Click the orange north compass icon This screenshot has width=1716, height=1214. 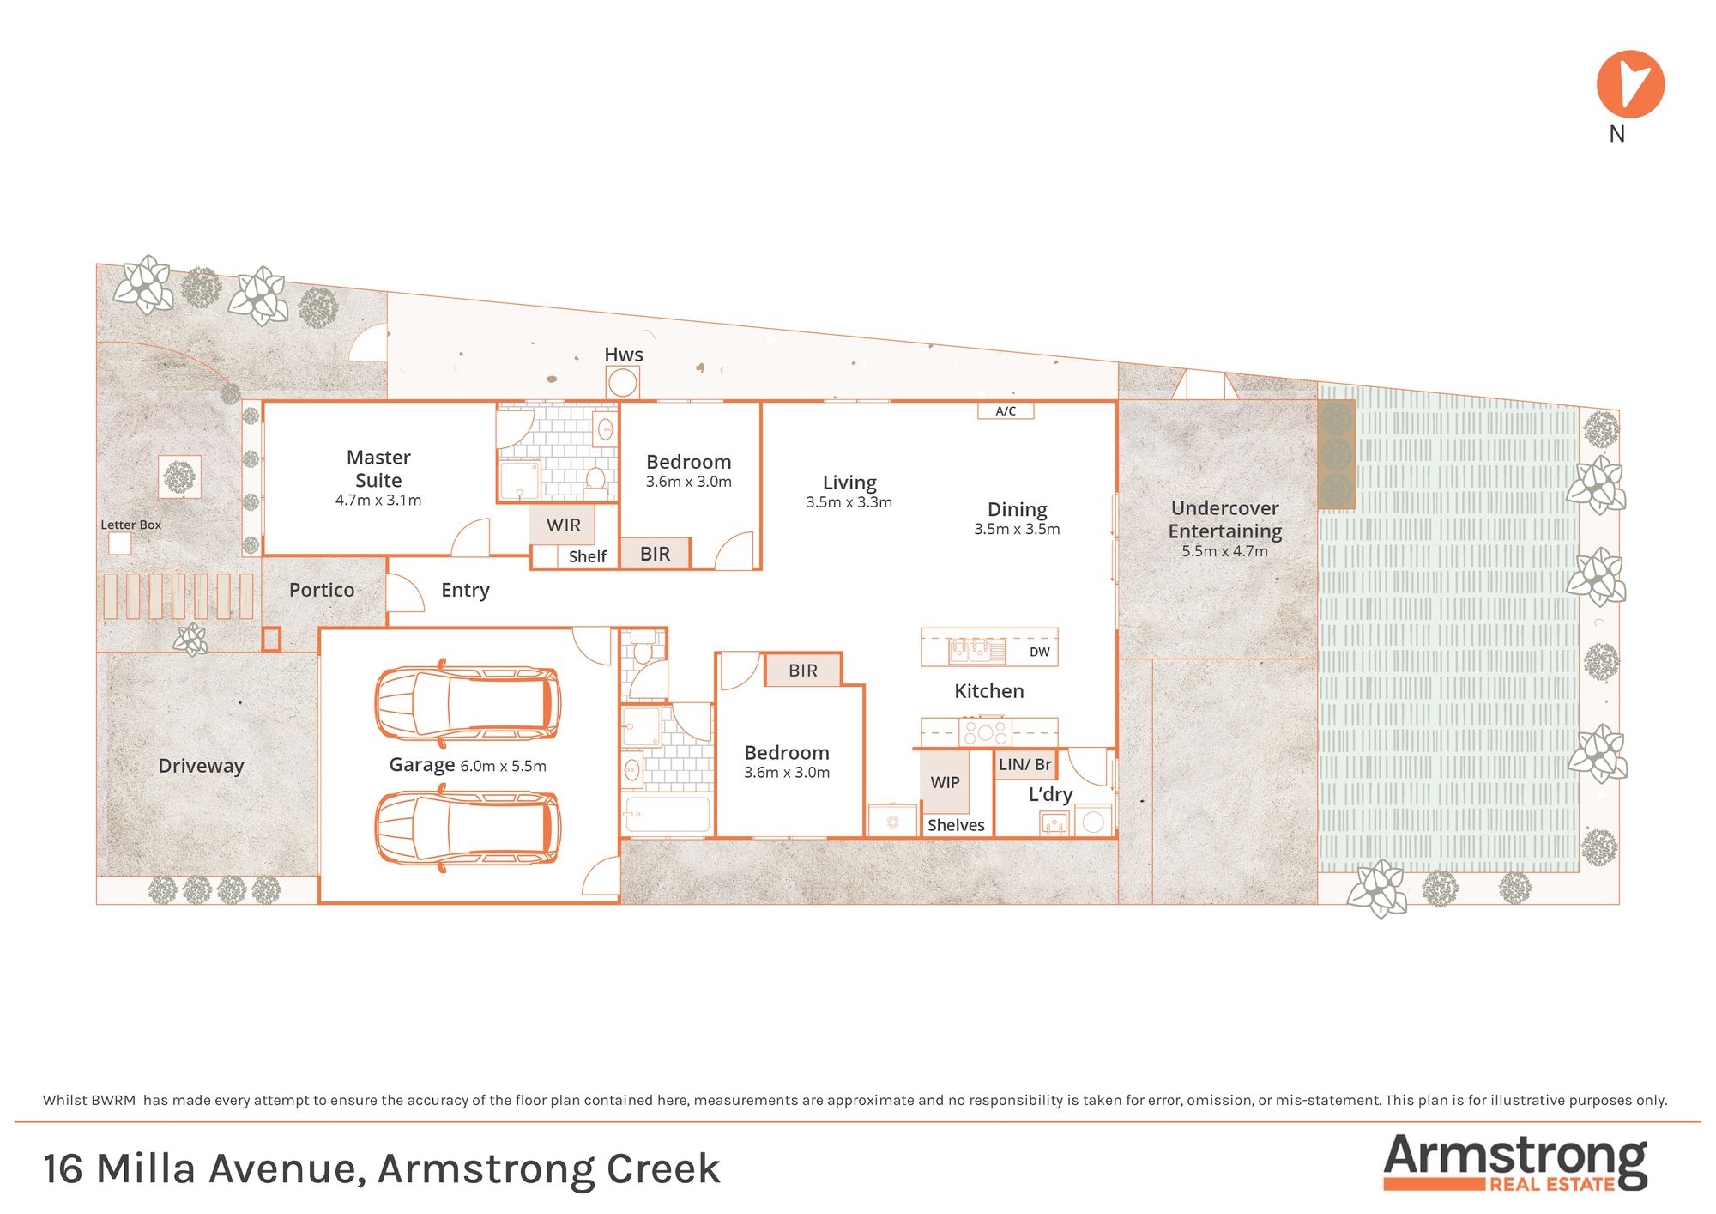tap(1630, 84)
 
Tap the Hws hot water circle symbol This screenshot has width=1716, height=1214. tap(622, 382)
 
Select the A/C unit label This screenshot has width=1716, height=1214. tap(1006, 411)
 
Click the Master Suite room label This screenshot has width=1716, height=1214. tap(378, 469)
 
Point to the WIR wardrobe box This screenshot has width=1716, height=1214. tap(563, 525)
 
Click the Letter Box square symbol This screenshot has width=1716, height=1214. tap(119, 543)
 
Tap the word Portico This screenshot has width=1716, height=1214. tap(322, 590)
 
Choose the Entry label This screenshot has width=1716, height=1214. tap(465, 591)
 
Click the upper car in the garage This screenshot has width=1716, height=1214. tap(468, 703)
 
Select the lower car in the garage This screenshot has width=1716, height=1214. tap(468, 829)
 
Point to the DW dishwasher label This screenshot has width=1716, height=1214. tap(1039, 652)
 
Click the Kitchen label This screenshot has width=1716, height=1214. tap(989, 691)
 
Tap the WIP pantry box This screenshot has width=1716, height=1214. tap(946, 782)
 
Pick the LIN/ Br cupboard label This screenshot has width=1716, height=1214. tap(1025, 764)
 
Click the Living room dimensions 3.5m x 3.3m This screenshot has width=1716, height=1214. tap(849, 502)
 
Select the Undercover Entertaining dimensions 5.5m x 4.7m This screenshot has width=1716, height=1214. tap(1224, 551)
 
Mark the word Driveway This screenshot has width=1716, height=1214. tap(201, 766)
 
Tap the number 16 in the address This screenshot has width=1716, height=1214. tap(63, 1169)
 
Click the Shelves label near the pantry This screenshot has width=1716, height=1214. tap(956, 825)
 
